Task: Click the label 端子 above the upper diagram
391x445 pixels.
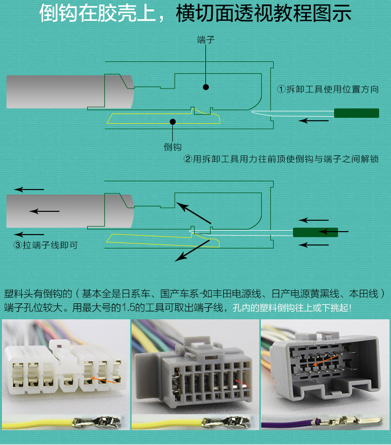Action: point(206,40)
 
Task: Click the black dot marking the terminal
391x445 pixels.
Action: point(206,87)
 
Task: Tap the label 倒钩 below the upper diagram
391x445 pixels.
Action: point(173,147)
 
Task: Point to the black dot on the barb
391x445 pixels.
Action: point(172,121)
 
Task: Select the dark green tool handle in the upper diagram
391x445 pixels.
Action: point(356,113)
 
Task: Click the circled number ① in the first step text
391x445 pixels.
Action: point(281,90)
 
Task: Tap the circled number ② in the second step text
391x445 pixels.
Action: point(188,159)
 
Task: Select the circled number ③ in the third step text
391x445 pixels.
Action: point(17,245)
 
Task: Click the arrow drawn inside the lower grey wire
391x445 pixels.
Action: point(45,211)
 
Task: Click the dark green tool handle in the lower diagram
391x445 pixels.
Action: point(315,232)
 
